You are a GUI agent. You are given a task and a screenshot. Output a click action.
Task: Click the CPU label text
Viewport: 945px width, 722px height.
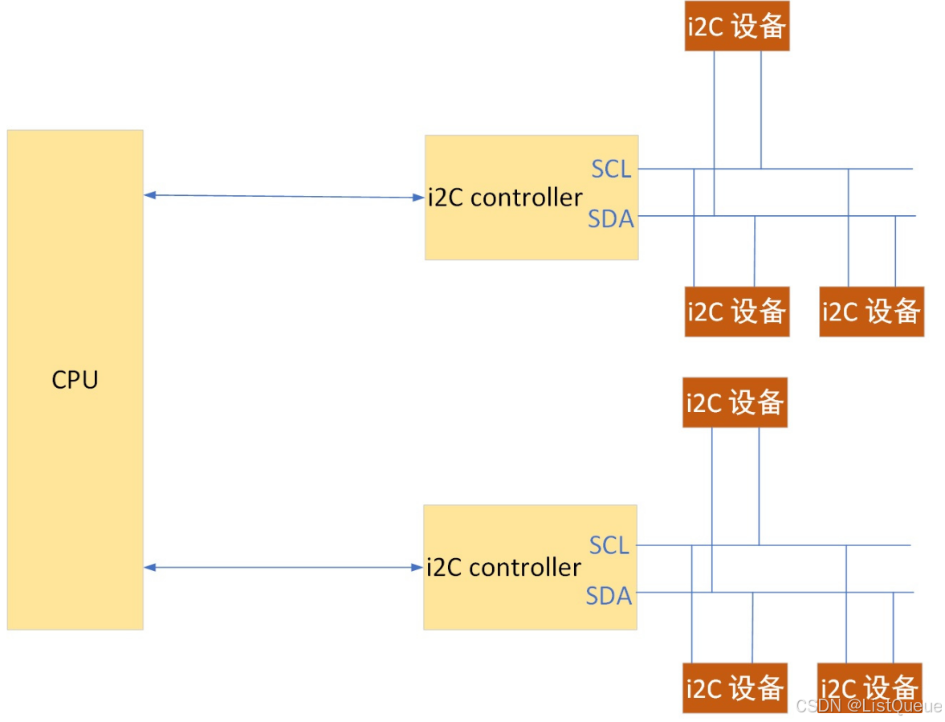[75, 380]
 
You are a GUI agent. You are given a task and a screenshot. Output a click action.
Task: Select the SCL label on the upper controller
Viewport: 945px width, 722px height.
[611, 169]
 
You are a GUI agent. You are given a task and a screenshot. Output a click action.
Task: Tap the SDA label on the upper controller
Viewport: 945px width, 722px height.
[610, 218]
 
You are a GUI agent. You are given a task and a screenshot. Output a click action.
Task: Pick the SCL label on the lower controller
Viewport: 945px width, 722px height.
[609, 546]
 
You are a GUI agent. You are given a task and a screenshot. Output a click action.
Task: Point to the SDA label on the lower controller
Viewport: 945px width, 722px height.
[609, 596]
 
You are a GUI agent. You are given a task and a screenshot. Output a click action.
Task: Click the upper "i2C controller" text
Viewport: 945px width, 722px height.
[504, 198]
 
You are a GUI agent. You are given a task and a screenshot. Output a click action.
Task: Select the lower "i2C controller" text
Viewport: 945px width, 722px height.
[503, 568]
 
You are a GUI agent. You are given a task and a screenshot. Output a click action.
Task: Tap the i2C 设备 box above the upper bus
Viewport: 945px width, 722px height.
[736, 27]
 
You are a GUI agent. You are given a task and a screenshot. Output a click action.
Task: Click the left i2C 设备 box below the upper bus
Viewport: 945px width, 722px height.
[736, 312]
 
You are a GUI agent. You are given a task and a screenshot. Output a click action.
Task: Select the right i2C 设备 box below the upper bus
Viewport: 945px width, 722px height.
[871, 312]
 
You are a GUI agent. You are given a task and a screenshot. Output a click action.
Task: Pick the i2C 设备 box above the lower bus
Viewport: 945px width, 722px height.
[735, 402]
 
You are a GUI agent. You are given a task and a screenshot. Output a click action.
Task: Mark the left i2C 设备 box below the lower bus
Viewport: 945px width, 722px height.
[735, 688]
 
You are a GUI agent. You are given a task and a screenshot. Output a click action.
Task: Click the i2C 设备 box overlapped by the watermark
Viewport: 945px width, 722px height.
[869, 688]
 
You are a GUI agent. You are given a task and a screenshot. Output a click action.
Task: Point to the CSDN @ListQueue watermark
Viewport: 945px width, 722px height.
[868, 706]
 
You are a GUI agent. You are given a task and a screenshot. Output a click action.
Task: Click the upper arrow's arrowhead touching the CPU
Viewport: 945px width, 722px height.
[150, 195]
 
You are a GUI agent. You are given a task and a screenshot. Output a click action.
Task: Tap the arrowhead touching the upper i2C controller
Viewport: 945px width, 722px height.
[418, 198]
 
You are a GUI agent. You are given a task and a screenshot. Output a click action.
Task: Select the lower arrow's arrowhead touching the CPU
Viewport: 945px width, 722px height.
[150, 568]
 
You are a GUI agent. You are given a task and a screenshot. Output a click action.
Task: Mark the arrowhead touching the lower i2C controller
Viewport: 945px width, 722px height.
[417, 568]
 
